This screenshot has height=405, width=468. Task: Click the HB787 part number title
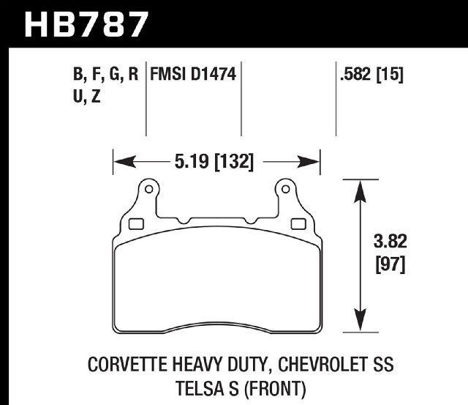coord(86,24)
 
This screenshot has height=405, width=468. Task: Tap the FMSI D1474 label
coord(193,74)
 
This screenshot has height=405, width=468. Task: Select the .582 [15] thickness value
coord(371,74)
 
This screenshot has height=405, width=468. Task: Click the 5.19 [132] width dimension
coord(214,162)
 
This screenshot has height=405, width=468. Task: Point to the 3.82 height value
coord(390,241)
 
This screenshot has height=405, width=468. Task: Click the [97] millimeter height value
coord(390,264)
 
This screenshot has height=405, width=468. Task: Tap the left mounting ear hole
coord(148,189)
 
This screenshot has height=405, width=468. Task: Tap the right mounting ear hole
coord(286,189)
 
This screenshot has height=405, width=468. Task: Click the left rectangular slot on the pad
coord(136,224)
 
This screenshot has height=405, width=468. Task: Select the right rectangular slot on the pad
coord(298,224)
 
